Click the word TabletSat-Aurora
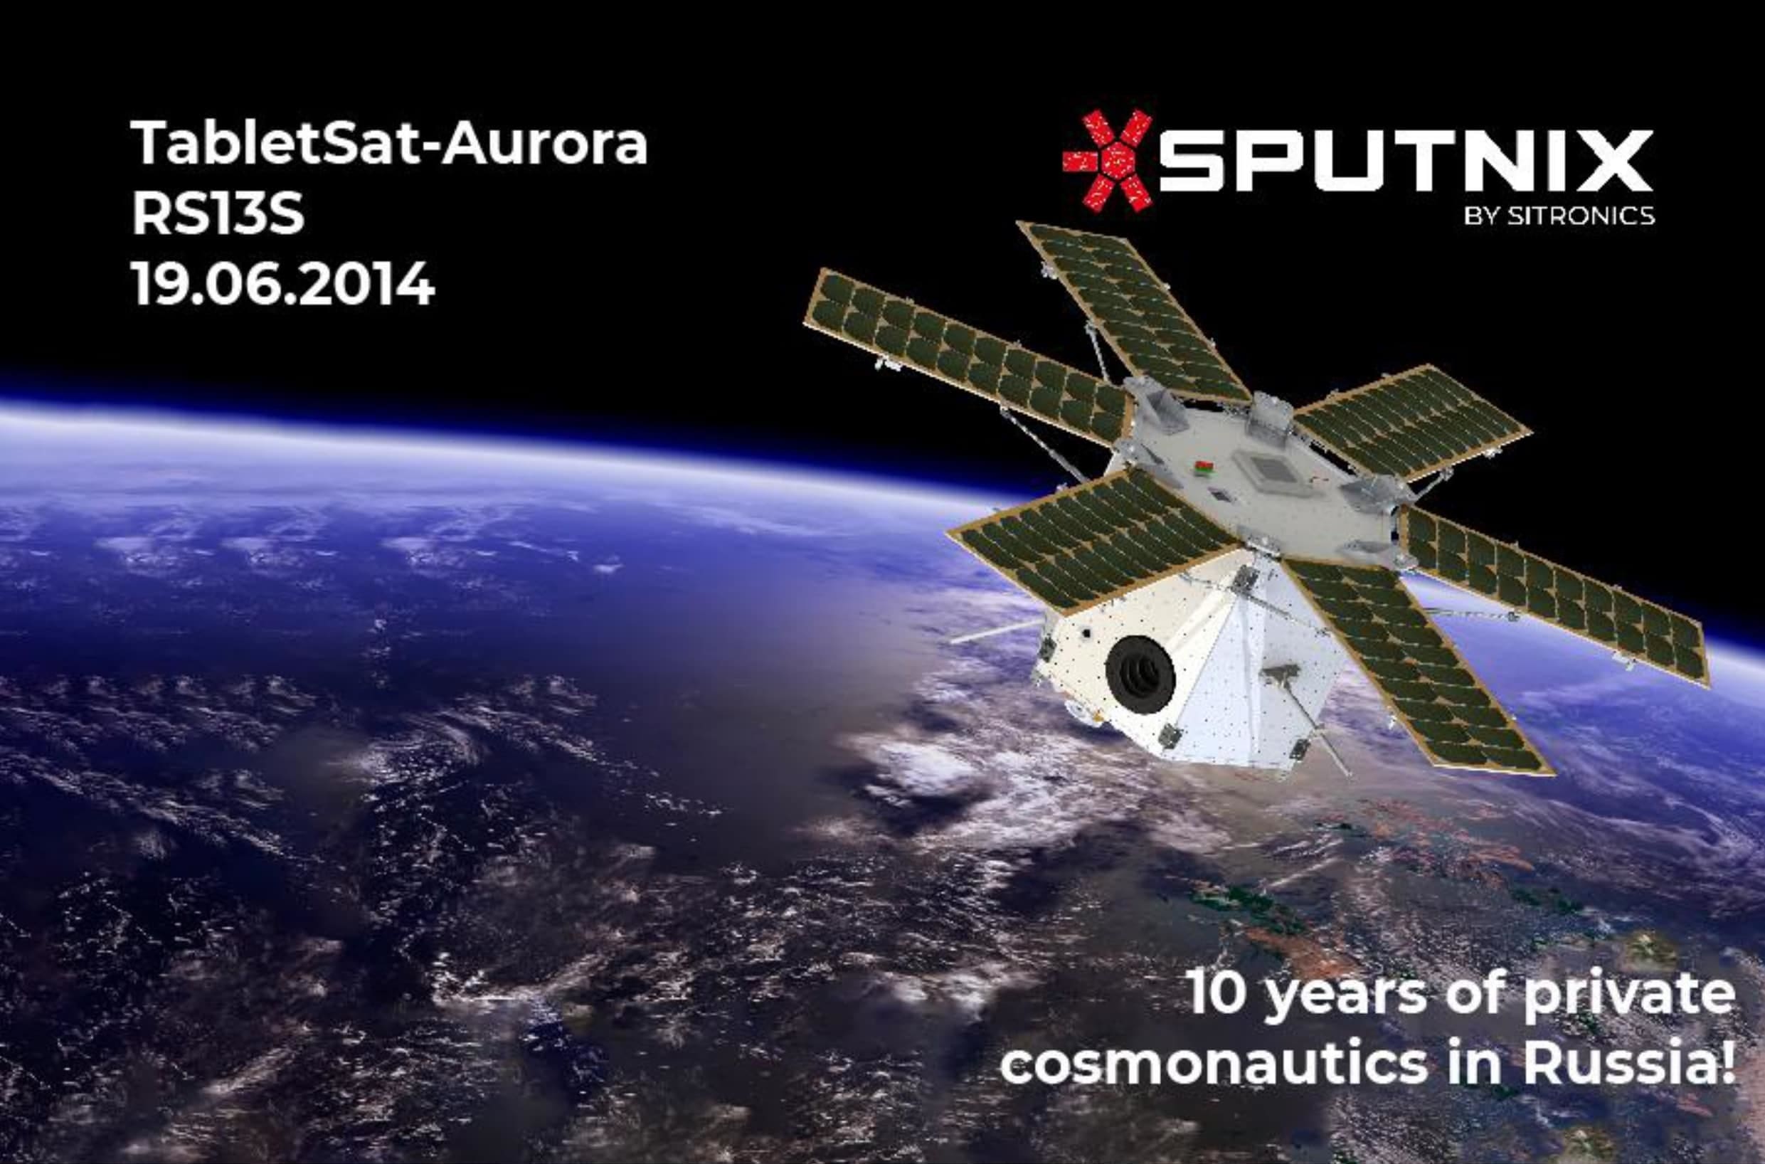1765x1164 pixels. (390, 143)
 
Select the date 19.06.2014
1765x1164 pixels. (283, 283)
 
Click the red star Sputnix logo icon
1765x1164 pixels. (1108, 160)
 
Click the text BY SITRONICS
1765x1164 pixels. (1559, 216)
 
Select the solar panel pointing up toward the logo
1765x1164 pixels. (1134, 312)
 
